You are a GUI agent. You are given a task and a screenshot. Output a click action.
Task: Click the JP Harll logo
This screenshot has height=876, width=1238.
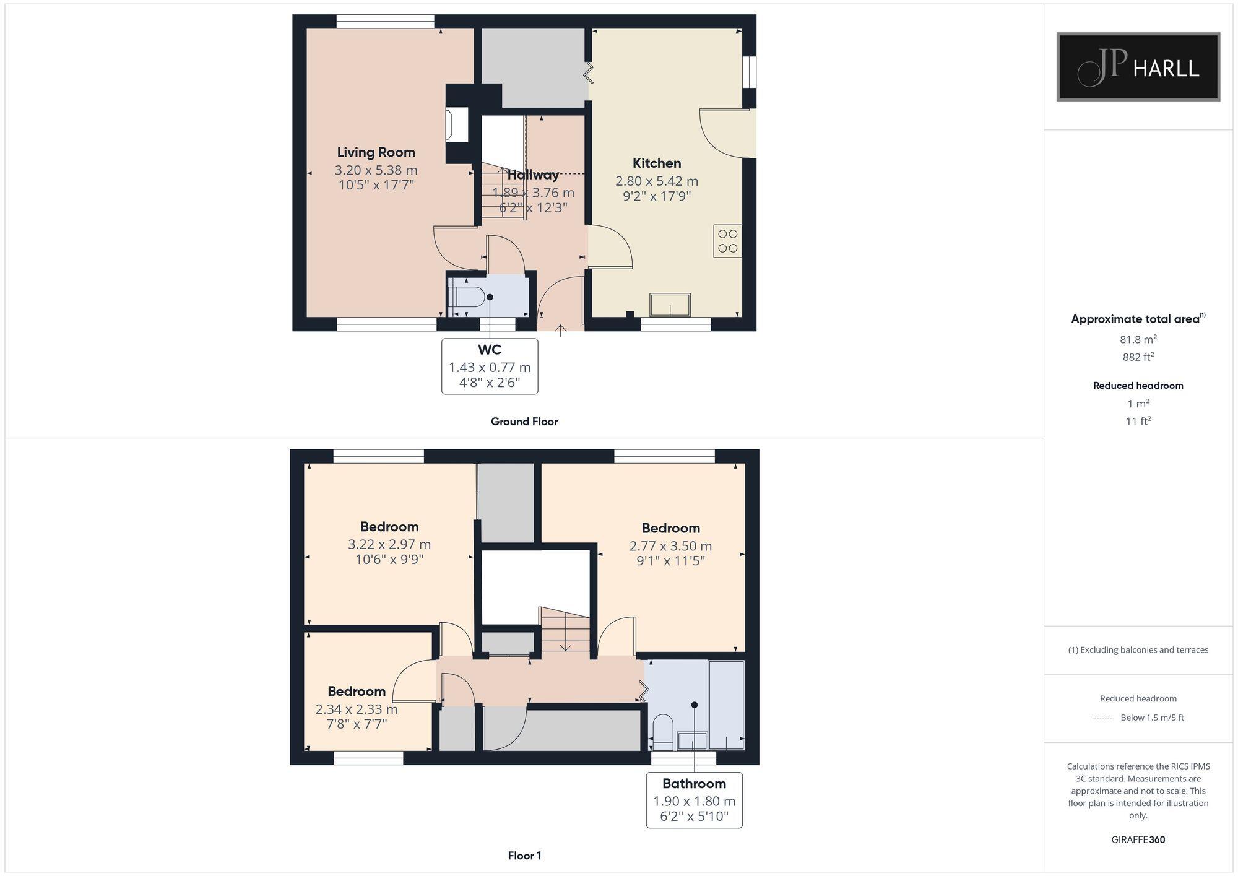pyautogui.click(x=1138, y=67)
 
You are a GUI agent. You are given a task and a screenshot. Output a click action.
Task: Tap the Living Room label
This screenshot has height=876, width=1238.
pyautogui.click(x=376, y=152)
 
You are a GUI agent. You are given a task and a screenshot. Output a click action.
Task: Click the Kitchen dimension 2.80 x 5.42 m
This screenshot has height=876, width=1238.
pyautogui.click(x=656, y=181)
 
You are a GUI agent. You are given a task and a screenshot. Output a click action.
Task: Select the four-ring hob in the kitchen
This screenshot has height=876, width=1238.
pyautogui.click(x=727, y=241)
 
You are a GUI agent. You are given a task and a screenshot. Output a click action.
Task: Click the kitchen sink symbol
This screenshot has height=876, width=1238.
pyautogui.click(x=670, y=305)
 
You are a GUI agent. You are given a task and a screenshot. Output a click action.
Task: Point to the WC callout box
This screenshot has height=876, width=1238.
pyautogui.click(x=489, y=366)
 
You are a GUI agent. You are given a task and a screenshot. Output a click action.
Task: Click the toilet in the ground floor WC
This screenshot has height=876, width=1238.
pyautogui.click(x=467, y=297)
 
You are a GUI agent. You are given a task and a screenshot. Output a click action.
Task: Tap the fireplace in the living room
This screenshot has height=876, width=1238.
pyautogui.click(x=457, y=126)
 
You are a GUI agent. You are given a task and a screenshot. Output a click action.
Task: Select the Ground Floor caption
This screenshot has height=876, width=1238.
pyautogui.click(x=524, y=422)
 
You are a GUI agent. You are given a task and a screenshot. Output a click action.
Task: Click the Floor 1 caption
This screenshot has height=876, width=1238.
pyautogui.click(x=524, y=856)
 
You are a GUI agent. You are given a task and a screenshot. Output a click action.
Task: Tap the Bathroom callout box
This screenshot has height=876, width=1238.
pyautogui.click(x=694, y=800)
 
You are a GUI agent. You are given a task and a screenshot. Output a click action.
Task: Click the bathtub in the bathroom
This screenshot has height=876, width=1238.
pyautogui.click(x=726, y=705)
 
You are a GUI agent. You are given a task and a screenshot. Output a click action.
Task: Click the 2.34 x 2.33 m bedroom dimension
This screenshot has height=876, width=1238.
pyautogui.click(x=357, y=709)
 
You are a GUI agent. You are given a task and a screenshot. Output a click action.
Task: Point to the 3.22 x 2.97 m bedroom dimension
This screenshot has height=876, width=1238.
pyautogui.click(x=389, y=545)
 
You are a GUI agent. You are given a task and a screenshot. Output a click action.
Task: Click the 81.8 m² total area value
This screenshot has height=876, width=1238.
pyautogui.click(x=1138, y=339)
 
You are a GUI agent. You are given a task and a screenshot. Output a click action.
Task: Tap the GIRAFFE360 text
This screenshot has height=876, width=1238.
pyautogui.click(x=1138, y=840)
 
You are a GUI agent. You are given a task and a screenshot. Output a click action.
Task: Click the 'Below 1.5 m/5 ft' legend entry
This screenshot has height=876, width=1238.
pyautogui.click(x=1151, y=718)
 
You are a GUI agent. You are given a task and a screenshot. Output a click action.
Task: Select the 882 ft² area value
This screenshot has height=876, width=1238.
pyautogui.click(x=1138, y=357)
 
